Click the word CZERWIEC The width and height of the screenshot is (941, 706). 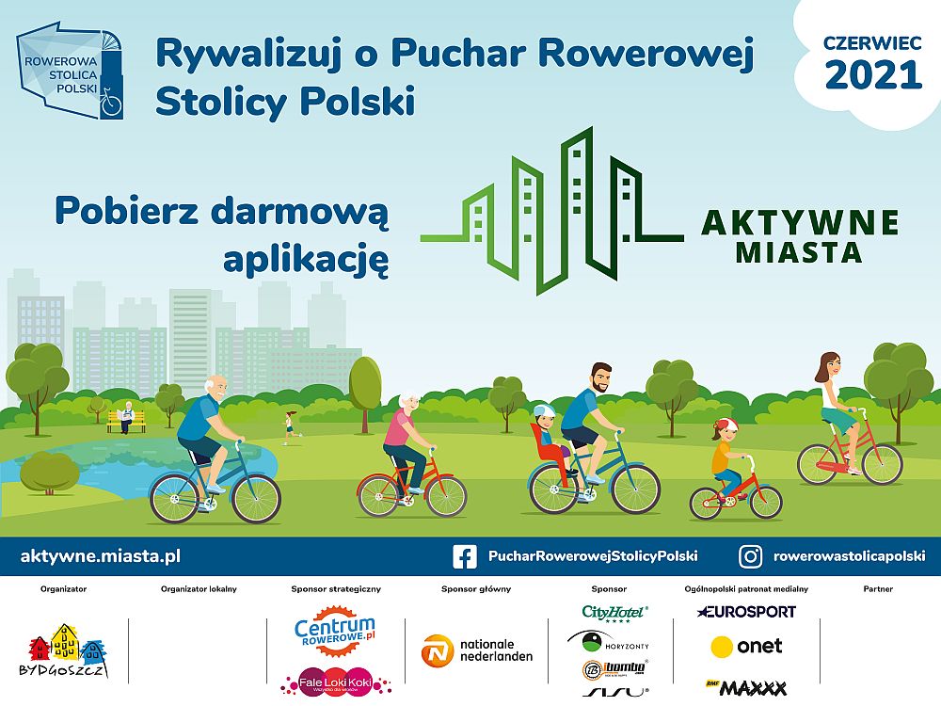click(872, 42)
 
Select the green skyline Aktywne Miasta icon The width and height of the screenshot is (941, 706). click(550, 211)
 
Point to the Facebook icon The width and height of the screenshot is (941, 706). click(464, 556)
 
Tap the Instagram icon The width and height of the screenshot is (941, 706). click(750, 556)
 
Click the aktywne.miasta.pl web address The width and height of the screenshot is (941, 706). click(101, 556)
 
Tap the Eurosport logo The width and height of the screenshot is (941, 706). click(746, 612)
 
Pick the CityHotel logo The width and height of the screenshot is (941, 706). click(614, 613)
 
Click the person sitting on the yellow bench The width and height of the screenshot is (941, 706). click(125, 416)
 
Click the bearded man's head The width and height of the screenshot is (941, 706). click(599, 379)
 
